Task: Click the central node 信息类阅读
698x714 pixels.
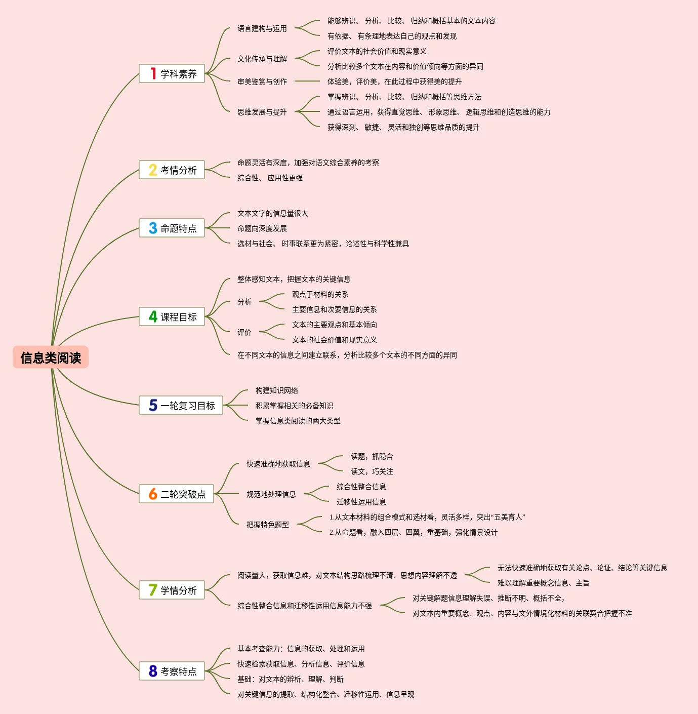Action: [x=51, y=358]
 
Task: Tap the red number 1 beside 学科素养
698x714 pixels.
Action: [x=153, y=73]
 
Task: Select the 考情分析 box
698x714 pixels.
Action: [x=172, y=170]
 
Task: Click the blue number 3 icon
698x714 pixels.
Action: [x=153, y=228]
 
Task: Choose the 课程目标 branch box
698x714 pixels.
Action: [x=172, y=316]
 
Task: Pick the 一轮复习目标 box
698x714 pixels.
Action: [x=181, y=405]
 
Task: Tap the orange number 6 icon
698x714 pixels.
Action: [x=153, y=494]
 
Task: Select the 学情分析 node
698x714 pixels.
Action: [x=172, y=590]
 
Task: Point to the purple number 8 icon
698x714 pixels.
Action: [x=153, y=671]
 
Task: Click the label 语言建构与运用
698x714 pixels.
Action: [x=262, y=29]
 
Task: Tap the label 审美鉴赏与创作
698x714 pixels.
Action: [x=262, y=82]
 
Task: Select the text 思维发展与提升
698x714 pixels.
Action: [x=262, y=112]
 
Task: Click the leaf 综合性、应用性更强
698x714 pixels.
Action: [x=270, y=178]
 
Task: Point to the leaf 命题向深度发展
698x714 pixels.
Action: [x=262, y=228]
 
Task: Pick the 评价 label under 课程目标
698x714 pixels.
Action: [x=244, y=332]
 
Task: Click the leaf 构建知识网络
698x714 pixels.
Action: [x=276, y=390]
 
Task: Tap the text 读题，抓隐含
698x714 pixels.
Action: [x=372, y=456]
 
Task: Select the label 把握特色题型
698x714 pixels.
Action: [x=267, y=525]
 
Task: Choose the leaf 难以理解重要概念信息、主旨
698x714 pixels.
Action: [x=543, y=583]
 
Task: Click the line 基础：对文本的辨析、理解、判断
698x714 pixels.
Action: [x=291, y=679]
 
